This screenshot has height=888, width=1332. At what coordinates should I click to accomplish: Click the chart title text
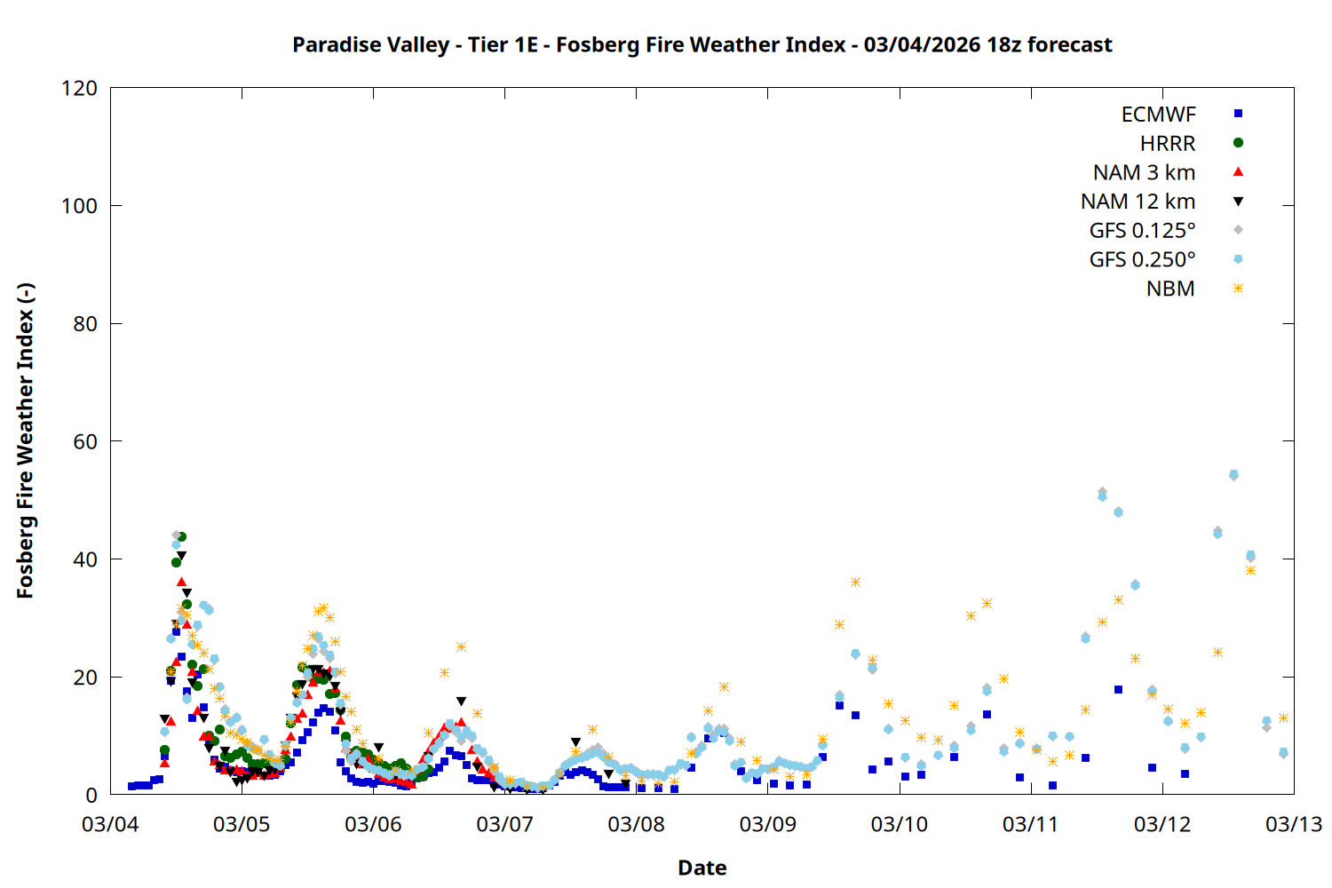pyautogui.click(x=702, y=44)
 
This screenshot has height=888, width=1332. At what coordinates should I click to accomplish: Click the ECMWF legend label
pyautogui.click(x=1158, y=115)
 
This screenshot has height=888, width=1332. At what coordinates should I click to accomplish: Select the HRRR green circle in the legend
pyautogui.click(x=1238, y=143)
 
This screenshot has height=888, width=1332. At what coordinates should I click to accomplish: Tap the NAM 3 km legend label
pyautogui.click(x=1144, y=172)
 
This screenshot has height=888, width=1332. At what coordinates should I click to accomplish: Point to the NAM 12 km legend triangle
pyautogui.click(x=1238, y=202)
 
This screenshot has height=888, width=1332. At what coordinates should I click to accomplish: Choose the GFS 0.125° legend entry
pyautogui.click(x=1142, y=231)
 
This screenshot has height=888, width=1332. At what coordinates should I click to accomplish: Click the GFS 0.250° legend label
pyautogui.click(x=1142, y=260)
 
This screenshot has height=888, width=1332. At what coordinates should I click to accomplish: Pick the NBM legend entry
pyautogui.click(x=1170, y=289)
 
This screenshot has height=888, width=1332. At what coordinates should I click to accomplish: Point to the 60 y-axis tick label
pyautogui.click(x=85, y=441)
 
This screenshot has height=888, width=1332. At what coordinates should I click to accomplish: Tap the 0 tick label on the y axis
pyautogui.click(x=91, y=795)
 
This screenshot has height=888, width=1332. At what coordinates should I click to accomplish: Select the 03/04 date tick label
pyautogui.click(x=110, y=824)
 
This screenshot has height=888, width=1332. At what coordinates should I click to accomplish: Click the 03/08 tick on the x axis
pyautogui.click(x=636, y=824)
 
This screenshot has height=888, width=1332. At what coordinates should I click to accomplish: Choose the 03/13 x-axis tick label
pyautogui.click(x=1293, y=824)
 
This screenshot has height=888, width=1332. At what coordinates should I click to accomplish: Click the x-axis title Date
pyautogui.click(x=702, y=868)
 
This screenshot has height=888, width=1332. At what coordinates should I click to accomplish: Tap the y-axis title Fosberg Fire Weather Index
pyautogui.click(x=25, y=441)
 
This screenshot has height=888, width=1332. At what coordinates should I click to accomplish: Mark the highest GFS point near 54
pyautogui.click(x=1233, y=475)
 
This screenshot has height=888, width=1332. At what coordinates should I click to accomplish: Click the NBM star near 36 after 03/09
pyautogui.click(x=855, y=583)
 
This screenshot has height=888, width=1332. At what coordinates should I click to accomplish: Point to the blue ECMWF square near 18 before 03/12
pyautogui.click(x=1118, y=689)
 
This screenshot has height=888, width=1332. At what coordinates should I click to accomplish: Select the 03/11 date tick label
pyautogui.click(x=1030, y=824)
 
